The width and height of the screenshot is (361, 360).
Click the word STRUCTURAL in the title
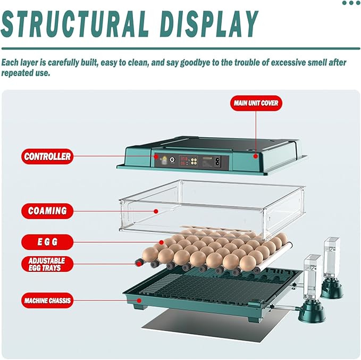75,24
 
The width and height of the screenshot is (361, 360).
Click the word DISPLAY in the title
209,24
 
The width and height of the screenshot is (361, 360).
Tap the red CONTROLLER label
47,156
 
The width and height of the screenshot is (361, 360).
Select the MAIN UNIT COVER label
256,103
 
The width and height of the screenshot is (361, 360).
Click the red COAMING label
47,211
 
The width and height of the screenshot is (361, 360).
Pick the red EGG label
47,242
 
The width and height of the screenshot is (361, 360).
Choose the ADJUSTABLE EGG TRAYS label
47,264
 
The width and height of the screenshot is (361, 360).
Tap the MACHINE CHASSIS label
47,300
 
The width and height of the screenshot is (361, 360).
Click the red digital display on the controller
183,161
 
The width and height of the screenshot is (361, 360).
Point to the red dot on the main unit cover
255,156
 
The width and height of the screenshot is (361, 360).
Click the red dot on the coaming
156,211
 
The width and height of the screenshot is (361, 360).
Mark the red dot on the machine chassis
139,300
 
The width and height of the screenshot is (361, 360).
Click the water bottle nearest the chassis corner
312,288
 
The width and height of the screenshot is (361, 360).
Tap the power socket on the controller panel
217,161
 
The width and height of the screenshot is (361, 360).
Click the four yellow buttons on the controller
194,161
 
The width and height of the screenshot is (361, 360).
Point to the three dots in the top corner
351,3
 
